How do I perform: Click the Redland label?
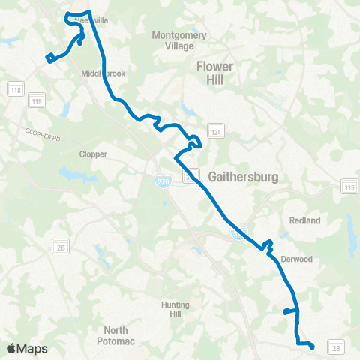pyautogui.click(x=305, y=220)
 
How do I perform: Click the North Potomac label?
pyautogui.click(x=115, y=335)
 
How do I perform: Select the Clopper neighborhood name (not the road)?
pyautogui.click(x=94, y=154)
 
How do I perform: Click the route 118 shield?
pyautogui.click(x=16, y=91)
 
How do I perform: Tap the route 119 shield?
pyautogui.click(x=35, y=100)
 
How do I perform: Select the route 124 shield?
pyautogui.click(x=215, y=133)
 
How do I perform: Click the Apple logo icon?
pyautogui.click(x=13, y=348)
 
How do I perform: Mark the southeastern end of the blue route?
pyautogui.click(x=311, y=346)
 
